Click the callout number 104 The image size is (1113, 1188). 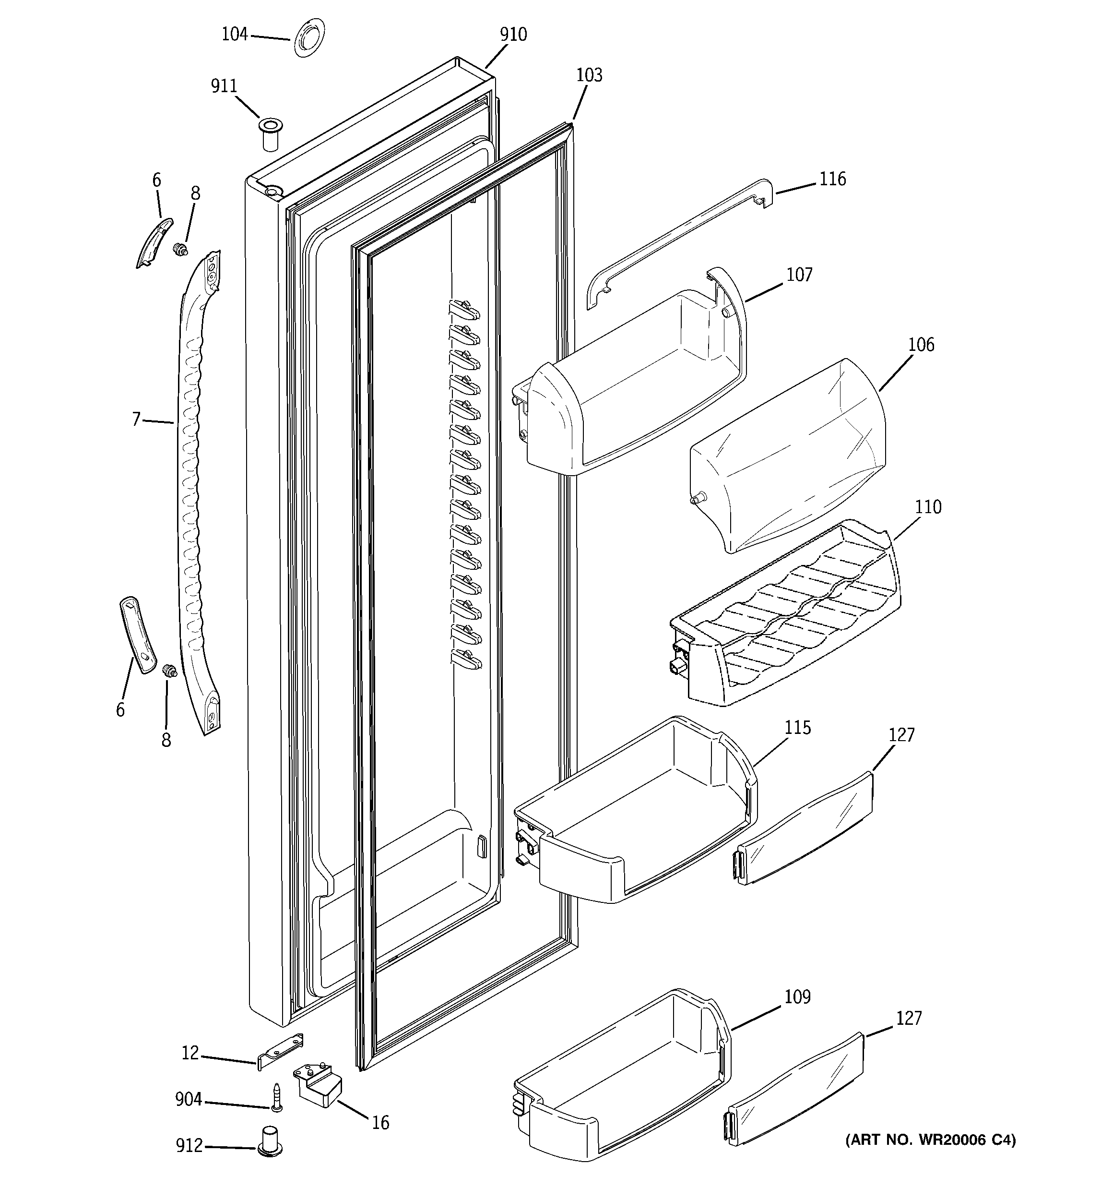(x=234, y=35)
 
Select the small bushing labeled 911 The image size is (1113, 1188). (x=270, y=134)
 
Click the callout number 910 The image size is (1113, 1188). (x=513, y=35)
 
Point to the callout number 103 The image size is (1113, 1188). (x=589, y=75)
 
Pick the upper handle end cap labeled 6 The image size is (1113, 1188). (x=154, y=242)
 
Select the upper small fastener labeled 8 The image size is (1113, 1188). (x=178, y=249)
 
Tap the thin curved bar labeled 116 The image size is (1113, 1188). (x=675, y=242)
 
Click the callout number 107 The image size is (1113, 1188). (x=799, y=275)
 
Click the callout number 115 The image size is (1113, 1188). (x=797, y=728)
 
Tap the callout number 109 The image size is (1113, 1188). (x=797, y=997)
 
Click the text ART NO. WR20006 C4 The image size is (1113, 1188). (x=930, y=1140)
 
